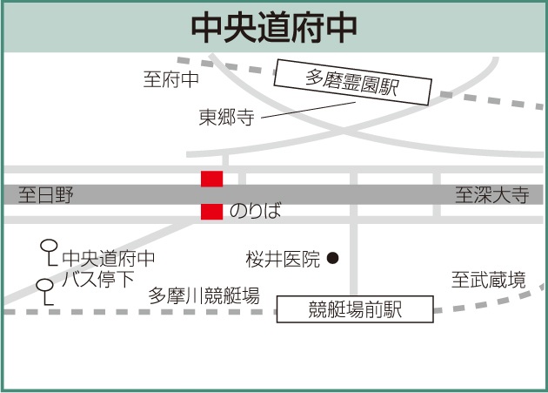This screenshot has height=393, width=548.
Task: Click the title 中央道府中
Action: click(x=273, y=26)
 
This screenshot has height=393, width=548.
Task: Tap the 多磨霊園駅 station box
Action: click(x=351, y=84)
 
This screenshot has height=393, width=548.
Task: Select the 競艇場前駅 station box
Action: click(x=355, y=308)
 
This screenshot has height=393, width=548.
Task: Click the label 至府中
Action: click(x=171, y=80)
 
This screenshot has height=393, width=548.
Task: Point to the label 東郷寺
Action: click(x=226, y=118)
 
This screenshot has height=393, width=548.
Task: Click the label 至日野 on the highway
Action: click(x=47, y=194)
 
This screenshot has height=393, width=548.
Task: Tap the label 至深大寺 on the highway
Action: click(x=491, y=194)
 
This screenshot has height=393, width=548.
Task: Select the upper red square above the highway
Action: click(x=211, y=179)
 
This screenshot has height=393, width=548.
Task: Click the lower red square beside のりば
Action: click(x=211, y=211)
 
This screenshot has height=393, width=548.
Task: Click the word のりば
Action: click(x=256, y=211)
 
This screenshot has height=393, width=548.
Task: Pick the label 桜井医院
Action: click(x=283, y=258)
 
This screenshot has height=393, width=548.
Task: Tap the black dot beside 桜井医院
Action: click(x=332, y=258)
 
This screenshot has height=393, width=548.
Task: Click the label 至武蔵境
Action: click(x=488, y=280)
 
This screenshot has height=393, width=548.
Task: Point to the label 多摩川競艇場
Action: click(x=204, y=295)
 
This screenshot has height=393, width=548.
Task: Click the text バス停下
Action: click(x=98, y=280)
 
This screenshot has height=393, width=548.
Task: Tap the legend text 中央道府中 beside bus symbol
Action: click(x=109, y=259)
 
